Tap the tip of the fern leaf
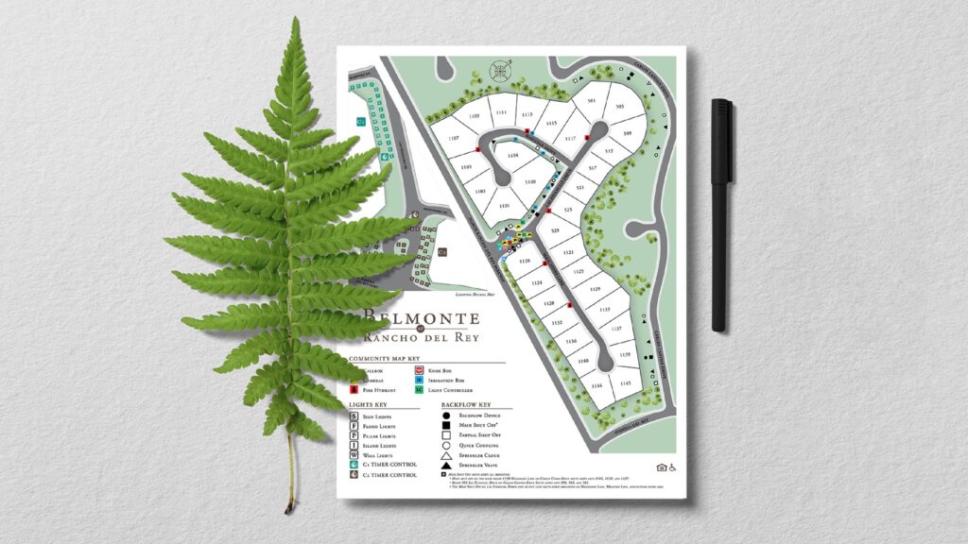296,21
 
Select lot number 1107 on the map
454,139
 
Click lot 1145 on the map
625,383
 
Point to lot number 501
592,100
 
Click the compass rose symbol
500,70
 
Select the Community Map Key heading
383,359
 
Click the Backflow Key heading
467,403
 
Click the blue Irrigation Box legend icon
420,380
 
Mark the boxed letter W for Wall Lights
354,454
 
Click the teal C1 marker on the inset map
360,122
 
